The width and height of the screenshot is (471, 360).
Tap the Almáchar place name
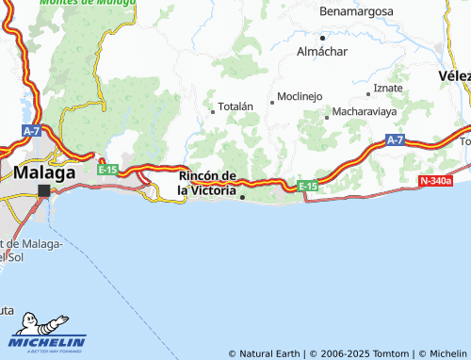pos(323,51)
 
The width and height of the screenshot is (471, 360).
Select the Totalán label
pos(236,107)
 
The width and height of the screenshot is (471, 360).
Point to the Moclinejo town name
pos(300,97)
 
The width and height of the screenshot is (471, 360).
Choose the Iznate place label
pos(388,88)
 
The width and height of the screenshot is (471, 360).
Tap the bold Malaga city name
pos(44,173)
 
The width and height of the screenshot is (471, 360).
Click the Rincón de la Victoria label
pos(207,183)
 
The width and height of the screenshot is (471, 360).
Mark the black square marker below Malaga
pos(44,190)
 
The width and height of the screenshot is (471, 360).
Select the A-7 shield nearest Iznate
pos(395,139)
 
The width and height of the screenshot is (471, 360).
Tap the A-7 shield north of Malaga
pos(31,130)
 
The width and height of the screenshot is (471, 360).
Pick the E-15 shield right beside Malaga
pos(107,170)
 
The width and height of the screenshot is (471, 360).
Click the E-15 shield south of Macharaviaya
pos(308,187)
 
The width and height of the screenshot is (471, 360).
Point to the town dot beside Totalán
pos(213,112)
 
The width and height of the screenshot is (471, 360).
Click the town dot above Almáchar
pos(322,38)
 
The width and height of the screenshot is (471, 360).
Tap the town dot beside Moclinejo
pos(272,102)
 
